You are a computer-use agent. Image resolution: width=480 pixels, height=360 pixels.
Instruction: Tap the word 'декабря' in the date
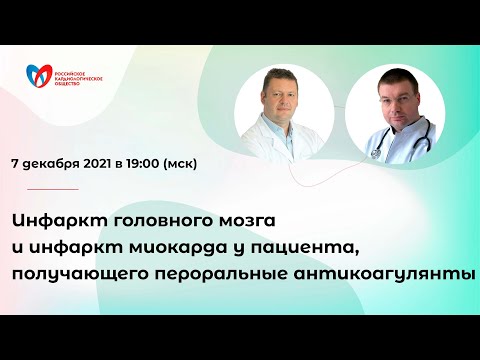[53, 164]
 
